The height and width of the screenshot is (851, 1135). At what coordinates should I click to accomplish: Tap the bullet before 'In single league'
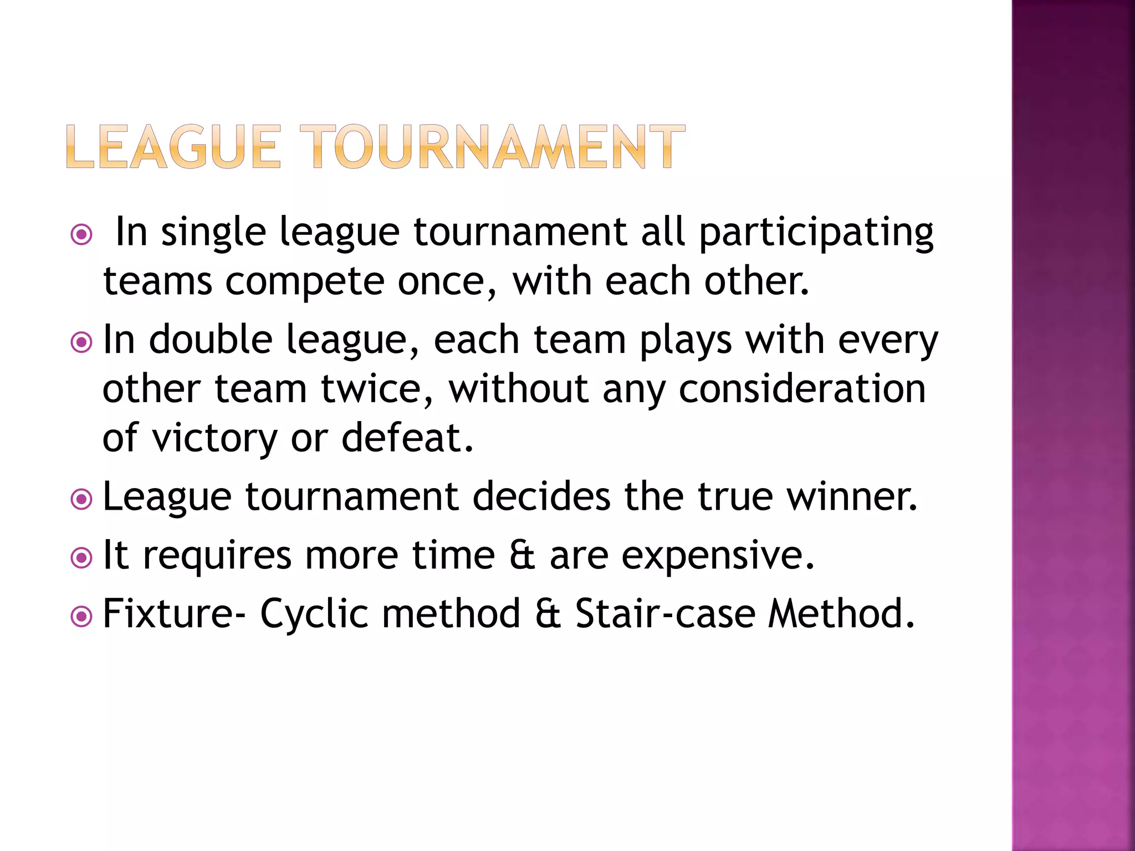[x=81, y=235]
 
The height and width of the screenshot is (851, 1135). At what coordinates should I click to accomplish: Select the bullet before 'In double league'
[x=81, y=342]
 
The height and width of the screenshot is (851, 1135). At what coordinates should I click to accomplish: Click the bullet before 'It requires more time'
[x=81, y=558]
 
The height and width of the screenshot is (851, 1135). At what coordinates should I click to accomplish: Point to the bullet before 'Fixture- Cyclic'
[x=81, y=616]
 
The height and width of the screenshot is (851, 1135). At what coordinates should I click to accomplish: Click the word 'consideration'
[x=802, y=389]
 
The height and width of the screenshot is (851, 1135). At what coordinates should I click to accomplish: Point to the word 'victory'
[x=214, y=439]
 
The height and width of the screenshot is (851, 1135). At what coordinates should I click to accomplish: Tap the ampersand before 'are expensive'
[x=522, y=555]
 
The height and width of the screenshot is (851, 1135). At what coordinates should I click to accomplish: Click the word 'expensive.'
[x=718, y=556]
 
